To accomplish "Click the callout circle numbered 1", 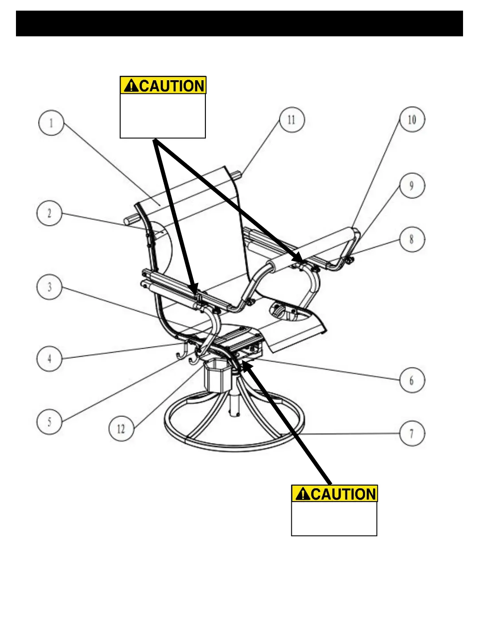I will click(51, 123).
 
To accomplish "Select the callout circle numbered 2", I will click(49, 213).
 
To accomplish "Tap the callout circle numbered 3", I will click(49, 287).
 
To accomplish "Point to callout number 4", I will click(49, 358).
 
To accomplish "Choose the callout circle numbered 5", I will click(49, 421).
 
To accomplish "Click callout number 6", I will click(412, 380).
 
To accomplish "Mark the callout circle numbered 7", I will click(412, 433).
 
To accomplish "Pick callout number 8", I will click(412, 239).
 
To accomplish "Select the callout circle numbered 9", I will click(412, 186).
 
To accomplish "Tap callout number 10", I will click(412, 120).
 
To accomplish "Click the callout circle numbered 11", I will click(292, 120).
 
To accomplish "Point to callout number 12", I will click(121, 428).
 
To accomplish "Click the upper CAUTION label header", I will click(163, 85).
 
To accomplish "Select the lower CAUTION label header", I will click(334, 493).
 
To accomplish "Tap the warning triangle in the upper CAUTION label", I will click(131, 86).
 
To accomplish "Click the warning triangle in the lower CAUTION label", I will click(302, 494).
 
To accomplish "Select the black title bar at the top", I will click(239, 23).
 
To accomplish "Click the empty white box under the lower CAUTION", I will click(334, 518).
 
